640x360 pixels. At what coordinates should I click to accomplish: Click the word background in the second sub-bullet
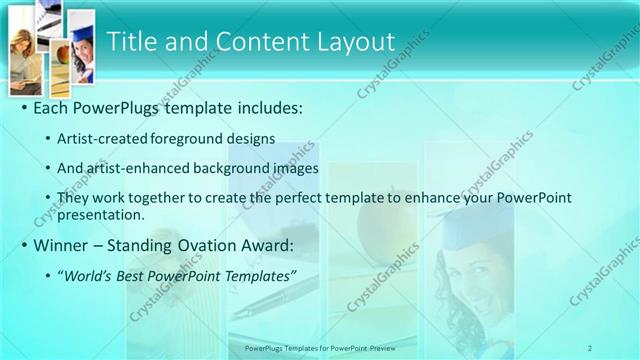(x=220, y=168)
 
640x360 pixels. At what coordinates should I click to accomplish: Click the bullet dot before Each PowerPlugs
(x=24, y=107)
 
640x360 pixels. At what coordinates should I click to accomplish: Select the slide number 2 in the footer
(x=590, y=348)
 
